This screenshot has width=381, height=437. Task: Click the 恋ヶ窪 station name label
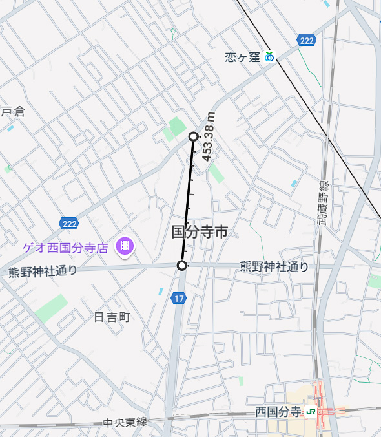tap(242, 58)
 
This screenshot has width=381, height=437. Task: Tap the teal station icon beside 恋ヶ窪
tap(269, 58)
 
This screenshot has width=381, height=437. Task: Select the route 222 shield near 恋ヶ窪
tap(307, 41)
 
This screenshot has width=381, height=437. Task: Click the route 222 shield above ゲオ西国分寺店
tap(69, 224)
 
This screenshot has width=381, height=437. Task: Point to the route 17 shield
tap(179, 298)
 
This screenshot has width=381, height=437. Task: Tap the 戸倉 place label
tap(12, 112)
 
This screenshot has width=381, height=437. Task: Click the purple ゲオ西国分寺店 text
tap(65, 246)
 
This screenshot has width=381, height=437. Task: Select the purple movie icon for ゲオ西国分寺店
tap(124, 246)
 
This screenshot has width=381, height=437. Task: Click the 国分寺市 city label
tap(200, 232)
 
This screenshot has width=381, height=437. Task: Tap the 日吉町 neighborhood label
tap(112, 317)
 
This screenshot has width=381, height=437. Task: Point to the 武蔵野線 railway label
tap(322, 203)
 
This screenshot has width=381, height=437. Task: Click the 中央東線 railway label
tap(125, 423)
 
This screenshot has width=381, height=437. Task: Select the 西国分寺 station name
tap(278, 412)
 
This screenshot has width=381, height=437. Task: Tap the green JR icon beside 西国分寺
tap(311, 412)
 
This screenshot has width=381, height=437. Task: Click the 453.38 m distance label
tap(209, 135)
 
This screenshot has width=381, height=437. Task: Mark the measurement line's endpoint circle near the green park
tap(193, 136)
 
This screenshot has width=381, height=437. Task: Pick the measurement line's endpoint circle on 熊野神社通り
tap(182, 266)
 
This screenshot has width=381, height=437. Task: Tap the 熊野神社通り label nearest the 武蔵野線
tap(274, 266)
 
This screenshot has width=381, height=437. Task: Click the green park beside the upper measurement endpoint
tap(176, 127)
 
